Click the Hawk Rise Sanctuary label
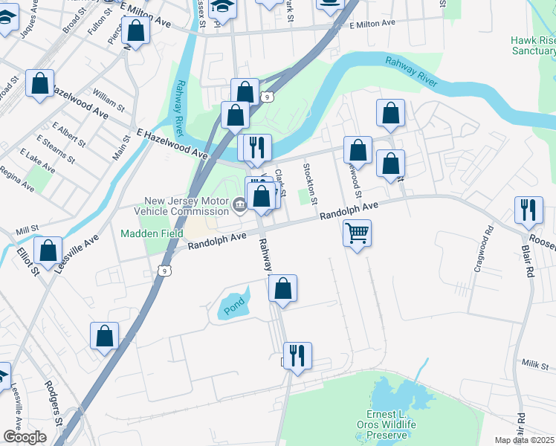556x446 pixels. (x=533, y=45)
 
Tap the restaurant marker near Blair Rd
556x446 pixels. (x=528, y=210)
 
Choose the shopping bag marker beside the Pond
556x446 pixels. (x=282, y=288)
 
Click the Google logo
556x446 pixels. (x=25, y=436)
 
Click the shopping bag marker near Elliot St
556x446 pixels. (x=48, y=251)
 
